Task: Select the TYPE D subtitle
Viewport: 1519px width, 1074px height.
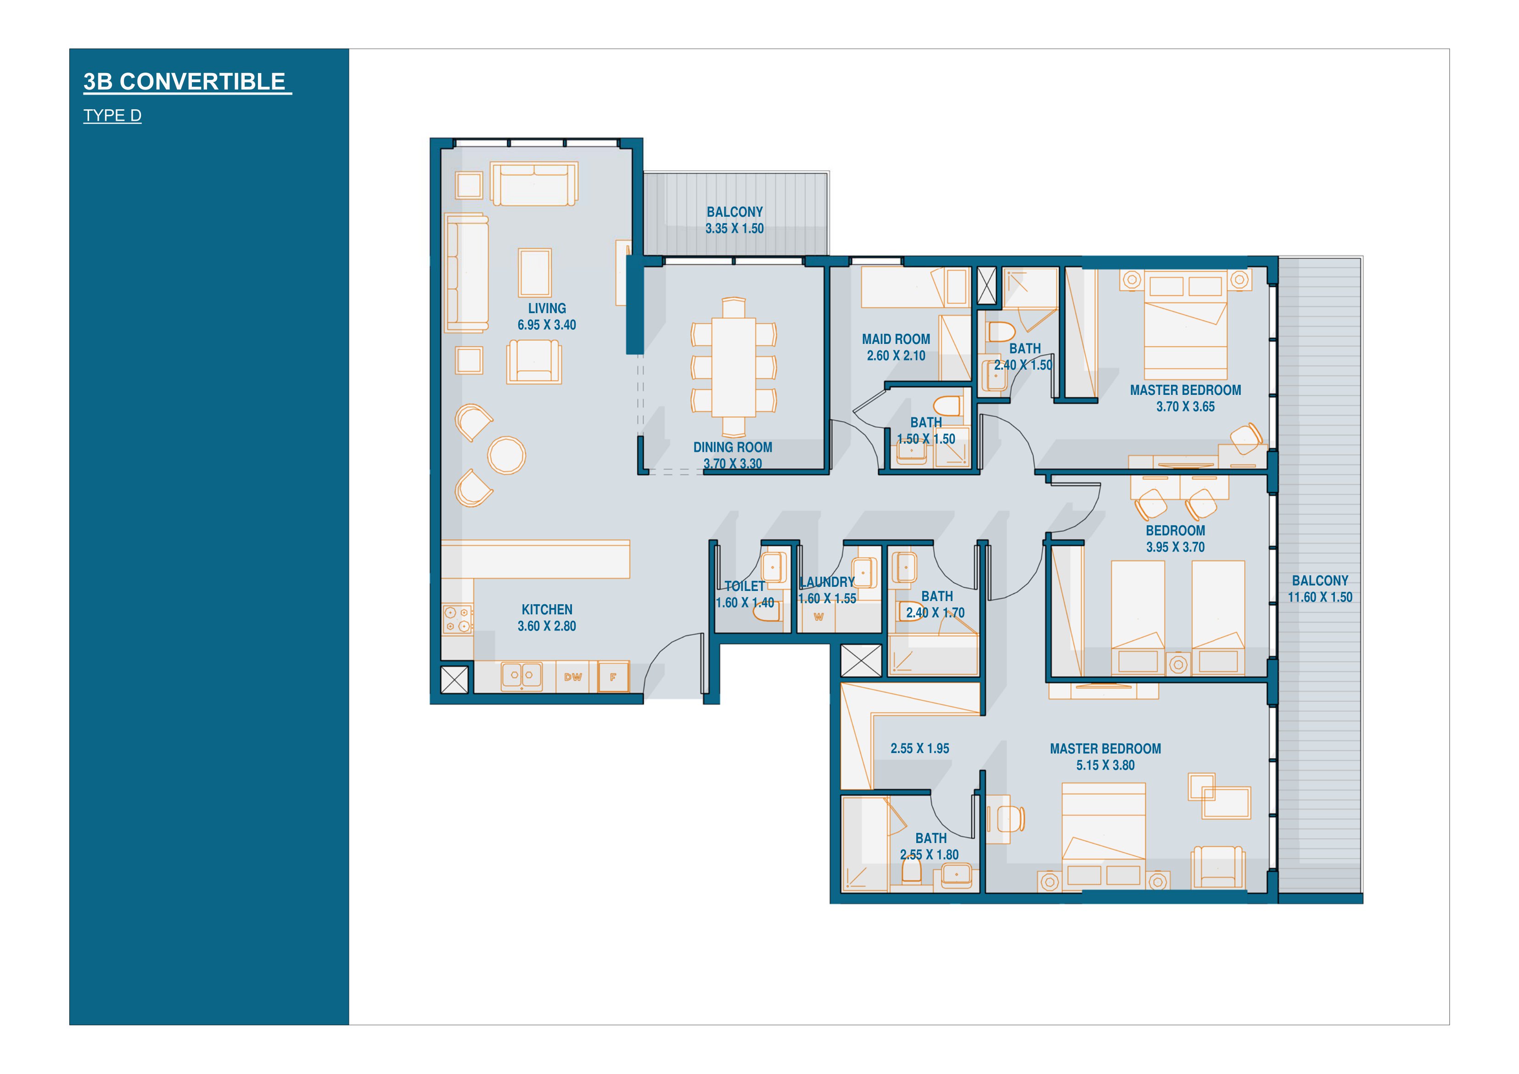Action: tap(112, 116)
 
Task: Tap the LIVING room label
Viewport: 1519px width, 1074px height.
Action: tap(547, 309)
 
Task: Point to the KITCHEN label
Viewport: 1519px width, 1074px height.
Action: tap(547, 609)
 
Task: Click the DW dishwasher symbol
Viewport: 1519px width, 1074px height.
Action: tap(573, 677)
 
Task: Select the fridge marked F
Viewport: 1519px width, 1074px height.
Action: tap(613, 677)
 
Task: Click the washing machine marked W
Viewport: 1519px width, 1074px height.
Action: tap(819, 617)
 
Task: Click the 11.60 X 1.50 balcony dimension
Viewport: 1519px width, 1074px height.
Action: tap(1320, 597)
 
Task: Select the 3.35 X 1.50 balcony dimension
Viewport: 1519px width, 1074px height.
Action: tap(734, 228)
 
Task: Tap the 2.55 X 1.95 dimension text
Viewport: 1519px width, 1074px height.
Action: tap(919, 748)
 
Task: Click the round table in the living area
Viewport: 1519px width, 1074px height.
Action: tap(507, 455)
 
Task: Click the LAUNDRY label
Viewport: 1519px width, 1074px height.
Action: tap(827, 582)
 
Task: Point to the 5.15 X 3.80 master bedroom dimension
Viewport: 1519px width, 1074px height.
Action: tap(1105, 765)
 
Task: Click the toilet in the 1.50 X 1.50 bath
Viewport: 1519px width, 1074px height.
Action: tap(947, 405)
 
